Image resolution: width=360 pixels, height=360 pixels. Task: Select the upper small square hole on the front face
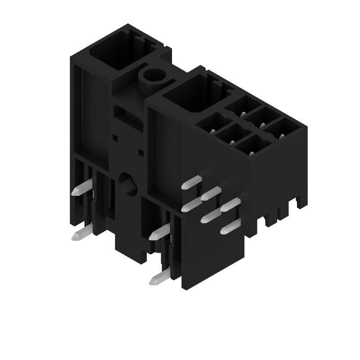point(115,134)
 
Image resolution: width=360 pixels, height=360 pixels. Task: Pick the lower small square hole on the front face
point(141,153)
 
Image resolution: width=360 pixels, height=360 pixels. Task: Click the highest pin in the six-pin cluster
point(191,182)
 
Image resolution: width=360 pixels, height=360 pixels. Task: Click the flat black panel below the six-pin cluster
point(211,256)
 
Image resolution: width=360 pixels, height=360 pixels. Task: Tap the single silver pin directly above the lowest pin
point(160,232)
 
